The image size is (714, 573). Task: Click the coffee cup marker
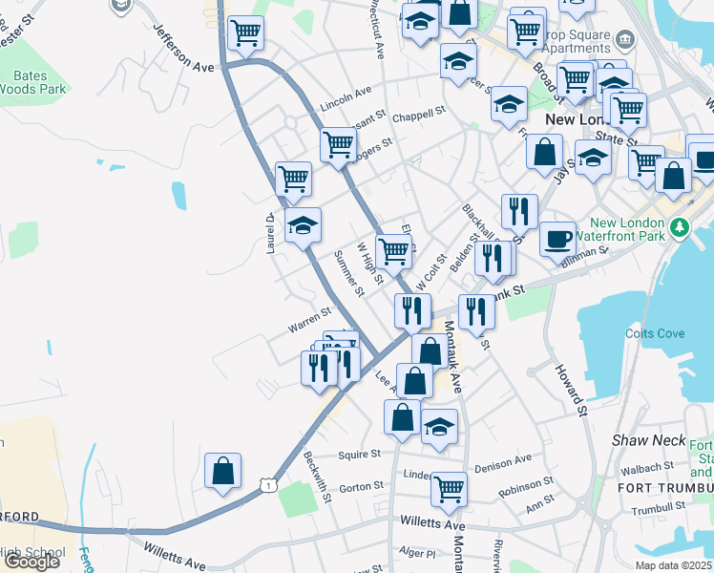[557, 239]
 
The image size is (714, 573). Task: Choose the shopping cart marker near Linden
[449, 489]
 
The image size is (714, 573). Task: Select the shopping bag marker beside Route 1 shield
[222, 471]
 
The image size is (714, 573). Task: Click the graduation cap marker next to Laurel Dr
[304, 225]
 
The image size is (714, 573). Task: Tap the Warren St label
[309, 320]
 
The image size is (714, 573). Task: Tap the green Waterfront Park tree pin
[679, 228]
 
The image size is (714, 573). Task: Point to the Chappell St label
[419, 113]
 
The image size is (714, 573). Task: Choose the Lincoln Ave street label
[346, 95]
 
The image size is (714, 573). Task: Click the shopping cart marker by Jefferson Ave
[246, 32]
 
